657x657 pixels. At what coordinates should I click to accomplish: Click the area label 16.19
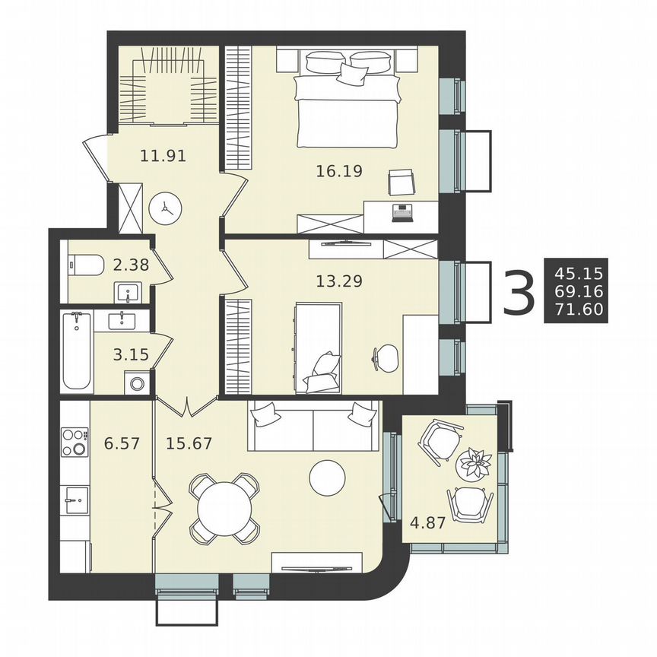(x=338, y=170)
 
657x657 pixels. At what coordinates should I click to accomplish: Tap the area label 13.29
(x=338, y=281)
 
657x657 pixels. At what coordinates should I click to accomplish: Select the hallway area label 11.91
(x=163, y=157)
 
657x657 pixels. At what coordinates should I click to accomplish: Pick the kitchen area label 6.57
(x=122, y=443)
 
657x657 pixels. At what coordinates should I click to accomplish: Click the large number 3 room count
(x=519, y=290)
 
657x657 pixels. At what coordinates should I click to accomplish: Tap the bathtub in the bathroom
(x=77, y=351)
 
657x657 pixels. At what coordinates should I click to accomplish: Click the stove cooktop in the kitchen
(x=74, y=442)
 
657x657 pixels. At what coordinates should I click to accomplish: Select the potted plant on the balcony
(x=475, y=462)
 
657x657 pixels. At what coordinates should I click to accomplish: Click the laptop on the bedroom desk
(x=401, y=211)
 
